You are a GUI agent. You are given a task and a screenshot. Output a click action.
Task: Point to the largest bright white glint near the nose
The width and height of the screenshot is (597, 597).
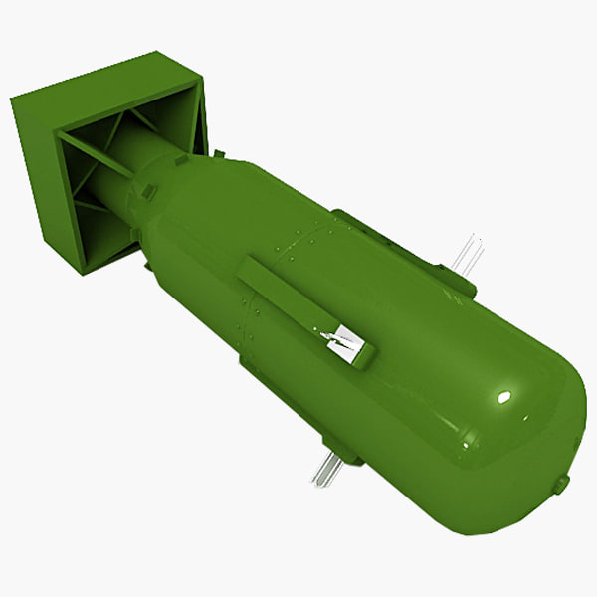tap(504, 397)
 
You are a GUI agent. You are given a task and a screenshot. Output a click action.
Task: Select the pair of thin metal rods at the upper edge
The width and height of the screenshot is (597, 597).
tap(466, 254)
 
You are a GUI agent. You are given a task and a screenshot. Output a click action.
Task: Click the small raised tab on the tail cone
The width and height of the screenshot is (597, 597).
tap(149, 191)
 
